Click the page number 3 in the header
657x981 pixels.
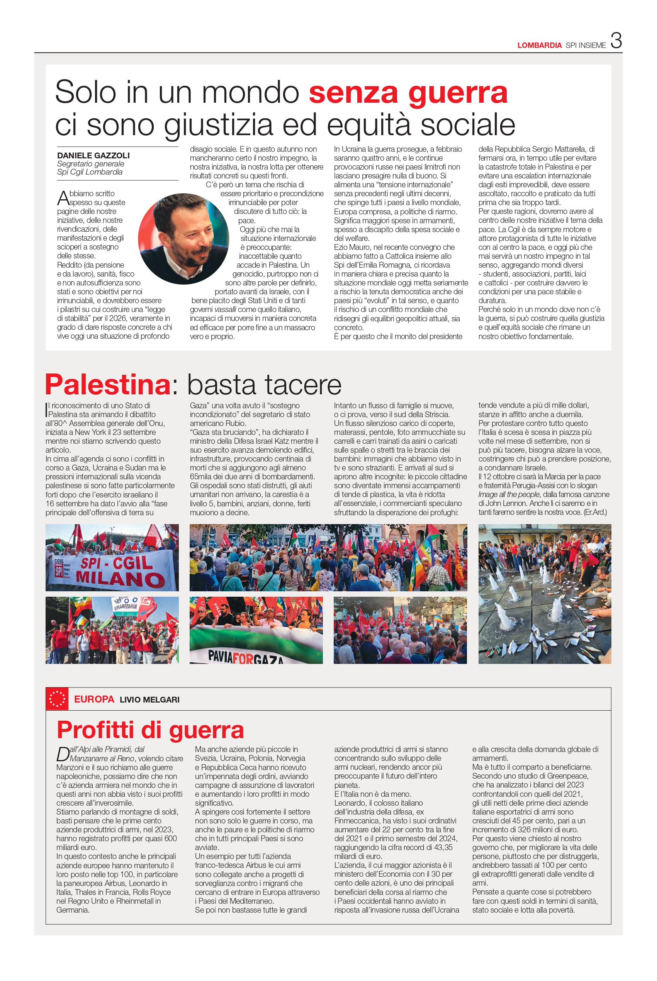tap(616, 41)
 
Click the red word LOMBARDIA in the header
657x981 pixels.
tap(539, 45)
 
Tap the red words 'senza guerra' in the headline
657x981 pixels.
tap(408, 93)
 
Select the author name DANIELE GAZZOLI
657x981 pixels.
tap(93, 155)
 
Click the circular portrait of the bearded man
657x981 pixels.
tap(183, 238)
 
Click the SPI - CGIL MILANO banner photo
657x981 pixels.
tap(112, 558)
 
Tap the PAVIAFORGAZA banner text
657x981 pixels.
tap(246, 656)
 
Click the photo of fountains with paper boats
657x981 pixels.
tap(544, 594)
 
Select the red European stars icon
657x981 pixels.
tap(57, 699)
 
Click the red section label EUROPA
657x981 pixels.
tap(94, 699)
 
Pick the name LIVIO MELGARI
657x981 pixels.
tap(149, 699)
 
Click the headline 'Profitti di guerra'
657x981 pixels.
tap(150, 730)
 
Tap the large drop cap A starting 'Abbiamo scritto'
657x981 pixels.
tap(63, 198)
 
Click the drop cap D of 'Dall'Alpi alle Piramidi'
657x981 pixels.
tap(63, 754)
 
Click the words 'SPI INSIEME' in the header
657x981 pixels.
tap(585, 45)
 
